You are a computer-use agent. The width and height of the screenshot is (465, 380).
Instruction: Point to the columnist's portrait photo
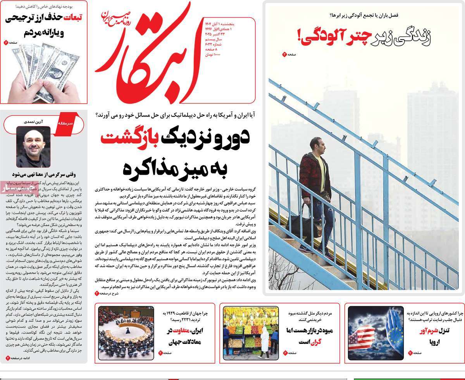pos(33,147)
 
